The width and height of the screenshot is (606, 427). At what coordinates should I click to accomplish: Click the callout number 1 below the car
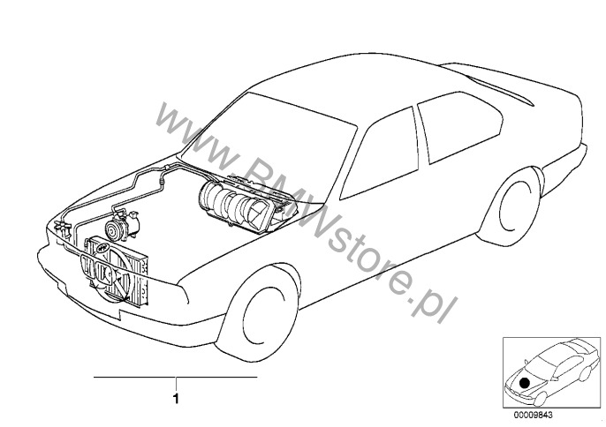[177, 399]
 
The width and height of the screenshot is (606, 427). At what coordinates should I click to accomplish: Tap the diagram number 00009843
[533, 415]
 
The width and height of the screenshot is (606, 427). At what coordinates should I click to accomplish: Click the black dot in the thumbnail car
[525, 383]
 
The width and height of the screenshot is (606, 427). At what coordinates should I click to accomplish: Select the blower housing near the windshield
[247, 205]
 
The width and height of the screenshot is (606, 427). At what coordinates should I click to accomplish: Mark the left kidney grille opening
[88, 266]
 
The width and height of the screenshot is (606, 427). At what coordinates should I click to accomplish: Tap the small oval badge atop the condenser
[102, 248]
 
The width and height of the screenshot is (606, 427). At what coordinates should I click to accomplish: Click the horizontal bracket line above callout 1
[176, 377]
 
